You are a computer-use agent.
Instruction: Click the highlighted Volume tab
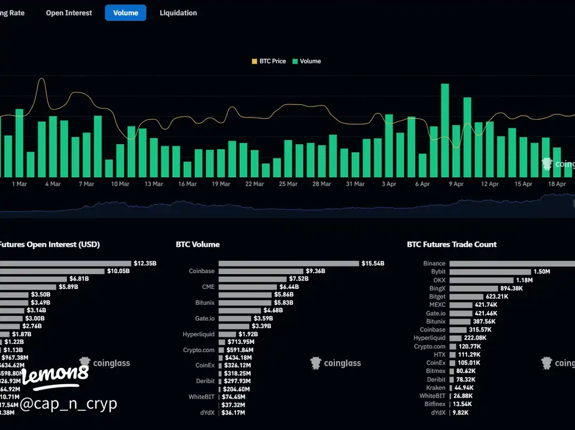pyautogui.click(x=126, y=13)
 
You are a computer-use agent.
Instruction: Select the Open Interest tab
pyautogui.click(x=69, y=13)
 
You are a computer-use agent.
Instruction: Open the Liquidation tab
pyautogui.click(x=178, y=13)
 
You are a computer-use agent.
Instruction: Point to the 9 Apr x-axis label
pyautogui.click(x=456, y=184)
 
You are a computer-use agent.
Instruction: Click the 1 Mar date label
pyautogui.click(x=19, y=184)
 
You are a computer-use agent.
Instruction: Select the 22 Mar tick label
pyautogui.click(x=254, y=184)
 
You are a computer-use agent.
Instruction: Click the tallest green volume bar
pyautogui.click(x=445, y=130)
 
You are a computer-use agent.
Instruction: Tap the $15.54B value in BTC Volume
pyautogui.click(x=373, y=263)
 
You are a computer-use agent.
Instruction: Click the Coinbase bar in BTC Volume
pyautogui.click(x=261, y=271)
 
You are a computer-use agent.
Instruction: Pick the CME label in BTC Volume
pyautogui.click(x=208, y=287)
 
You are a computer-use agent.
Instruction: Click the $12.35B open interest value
pyautogui.click(x=145, y=263)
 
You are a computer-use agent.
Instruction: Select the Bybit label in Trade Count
pyautogui.click(x=438, y=272)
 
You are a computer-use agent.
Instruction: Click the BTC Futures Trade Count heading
pyautogui.click(x=451, y=245)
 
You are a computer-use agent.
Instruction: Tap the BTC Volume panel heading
pyautogui.click(x=198, y=245)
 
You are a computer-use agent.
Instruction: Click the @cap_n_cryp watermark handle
pyautogui.click(x=68, y=404)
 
